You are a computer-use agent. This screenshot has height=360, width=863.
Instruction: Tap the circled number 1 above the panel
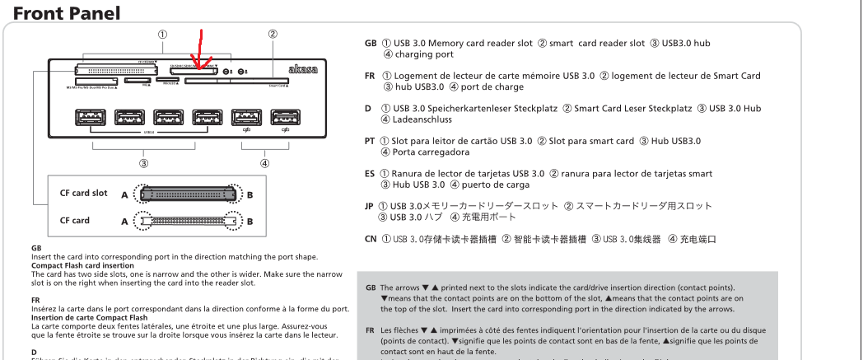click(x=162, y=35)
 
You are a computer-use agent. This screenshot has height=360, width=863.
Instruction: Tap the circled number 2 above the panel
click(x=273, y=35)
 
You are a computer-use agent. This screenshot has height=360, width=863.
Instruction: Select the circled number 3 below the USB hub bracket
click(x=145, y=162)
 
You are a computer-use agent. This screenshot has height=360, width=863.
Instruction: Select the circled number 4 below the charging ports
click(x=264, y=162)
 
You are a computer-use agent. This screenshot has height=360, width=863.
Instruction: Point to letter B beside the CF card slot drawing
click(x=250, y=196)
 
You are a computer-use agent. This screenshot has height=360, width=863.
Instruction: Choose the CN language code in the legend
click(x=371, y=239)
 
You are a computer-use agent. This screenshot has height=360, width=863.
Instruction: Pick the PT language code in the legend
click(x=371, y=141)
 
